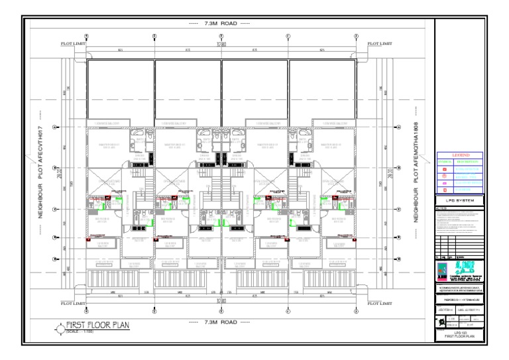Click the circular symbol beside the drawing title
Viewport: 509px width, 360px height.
(x=58, y=327)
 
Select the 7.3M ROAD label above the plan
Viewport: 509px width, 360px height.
(x=219, y=25)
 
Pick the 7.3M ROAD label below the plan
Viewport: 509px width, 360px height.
(x=219, y=322)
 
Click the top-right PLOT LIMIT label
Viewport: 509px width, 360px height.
(x=379, y=44)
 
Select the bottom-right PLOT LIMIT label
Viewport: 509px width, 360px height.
(x=379, y=304)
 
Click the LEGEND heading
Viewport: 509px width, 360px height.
(x=459, y=155)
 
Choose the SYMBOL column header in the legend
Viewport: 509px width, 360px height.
(x=444, y=161)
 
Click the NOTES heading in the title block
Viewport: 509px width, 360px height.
(x=441, y=207)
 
